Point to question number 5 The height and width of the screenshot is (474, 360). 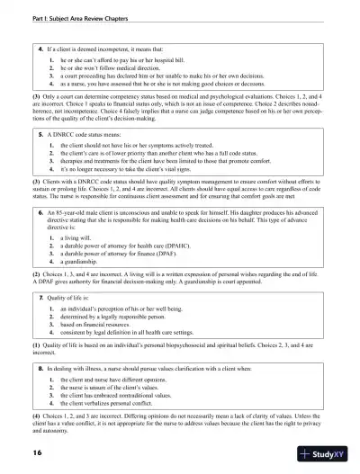click(40, 131)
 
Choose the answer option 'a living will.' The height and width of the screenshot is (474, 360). click(80, 239)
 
